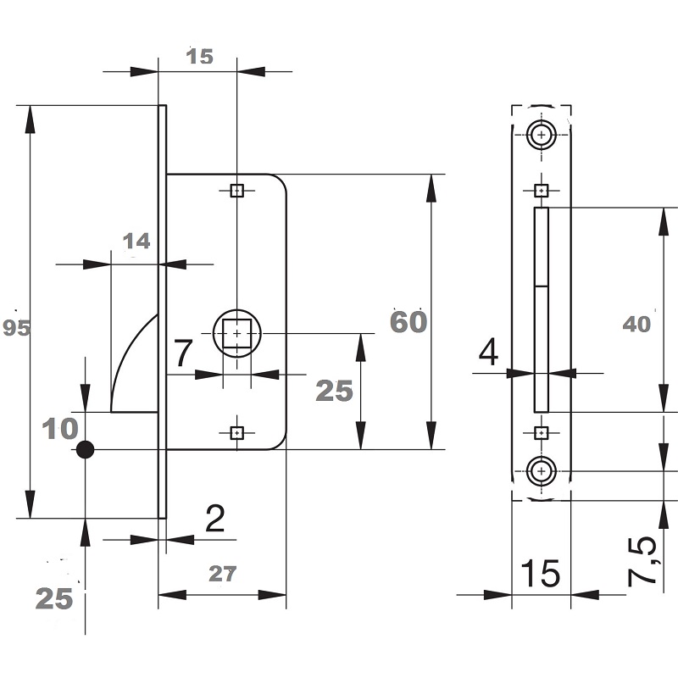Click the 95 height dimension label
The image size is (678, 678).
16,328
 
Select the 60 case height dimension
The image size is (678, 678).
408,322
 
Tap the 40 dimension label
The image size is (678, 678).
636,324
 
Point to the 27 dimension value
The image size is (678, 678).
223,574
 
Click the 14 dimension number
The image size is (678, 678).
136,241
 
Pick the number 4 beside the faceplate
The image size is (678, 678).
488,352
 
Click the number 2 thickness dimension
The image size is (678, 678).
215,519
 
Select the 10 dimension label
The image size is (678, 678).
60,429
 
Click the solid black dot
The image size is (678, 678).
86,450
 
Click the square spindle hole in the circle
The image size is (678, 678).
236,333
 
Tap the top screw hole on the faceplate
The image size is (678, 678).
542,135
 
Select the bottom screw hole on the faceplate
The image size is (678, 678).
542,470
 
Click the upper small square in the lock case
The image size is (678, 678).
237,190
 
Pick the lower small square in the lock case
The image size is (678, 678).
237,432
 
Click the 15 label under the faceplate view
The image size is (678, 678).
541,574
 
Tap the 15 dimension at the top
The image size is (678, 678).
200,57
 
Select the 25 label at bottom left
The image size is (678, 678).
54,599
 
